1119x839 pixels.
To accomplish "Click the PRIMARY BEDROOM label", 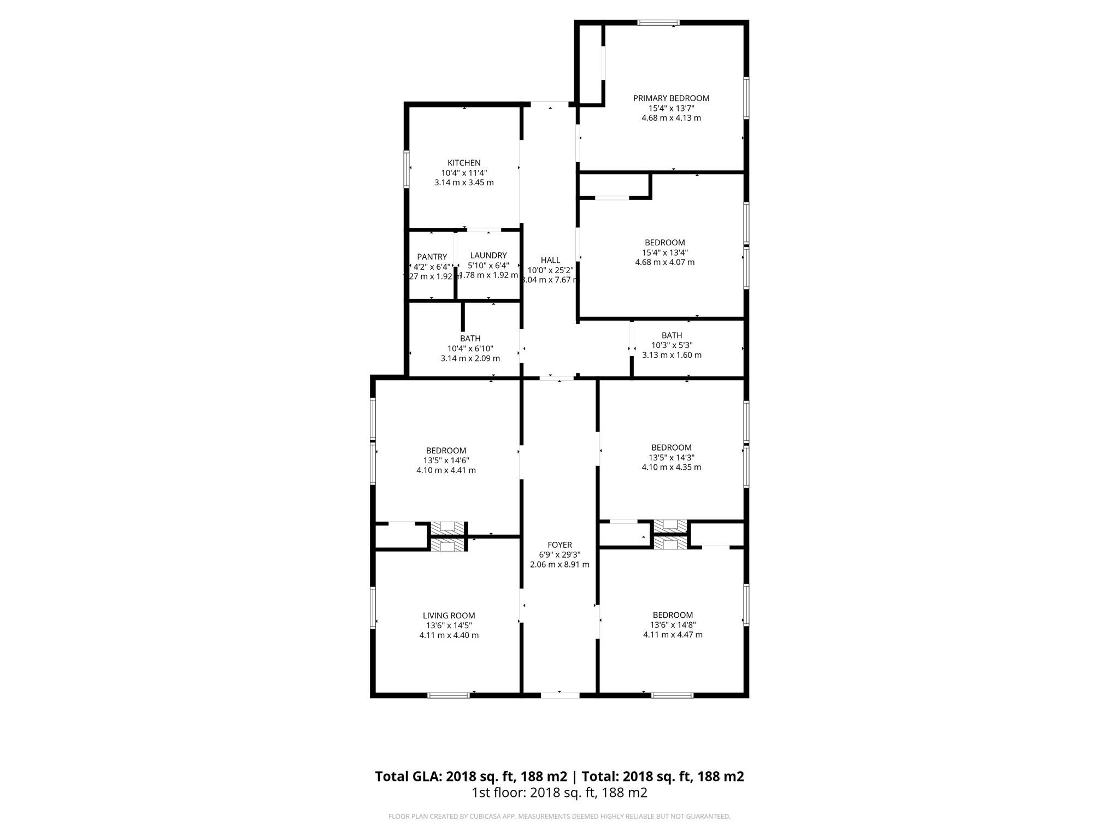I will pos(671,98).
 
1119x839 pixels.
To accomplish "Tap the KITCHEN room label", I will pos(464,163).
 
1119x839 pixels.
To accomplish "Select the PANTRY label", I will pos(432,257).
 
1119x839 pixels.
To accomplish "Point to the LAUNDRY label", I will pos(488,255).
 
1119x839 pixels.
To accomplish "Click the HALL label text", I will pos(550,260).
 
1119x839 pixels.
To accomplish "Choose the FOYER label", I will pos(559,545).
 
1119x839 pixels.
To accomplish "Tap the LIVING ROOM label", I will pos(449,616).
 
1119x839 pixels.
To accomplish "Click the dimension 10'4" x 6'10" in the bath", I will pos(470,348).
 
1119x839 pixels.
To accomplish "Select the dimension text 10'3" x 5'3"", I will pos(672,345).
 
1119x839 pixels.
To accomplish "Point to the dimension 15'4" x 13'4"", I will pos(664,252).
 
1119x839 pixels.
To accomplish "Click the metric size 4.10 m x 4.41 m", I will pos(446,470).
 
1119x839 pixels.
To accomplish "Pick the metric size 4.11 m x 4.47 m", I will pos(673,635).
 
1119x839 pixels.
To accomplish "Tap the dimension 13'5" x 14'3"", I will pos(671,457).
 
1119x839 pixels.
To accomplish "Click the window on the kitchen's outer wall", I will pos(407,169).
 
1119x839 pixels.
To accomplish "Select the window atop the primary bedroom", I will pos(658,23).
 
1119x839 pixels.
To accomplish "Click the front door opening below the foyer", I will pos(560,695).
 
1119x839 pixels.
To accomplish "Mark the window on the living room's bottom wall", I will pos(448,695).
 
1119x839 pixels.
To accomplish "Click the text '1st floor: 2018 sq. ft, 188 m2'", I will pos(559,793).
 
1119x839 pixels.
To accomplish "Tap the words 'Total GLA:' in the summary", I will pos(408,776).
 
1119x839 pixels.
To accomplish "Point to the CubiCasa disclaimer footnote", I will pos(559,817).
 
